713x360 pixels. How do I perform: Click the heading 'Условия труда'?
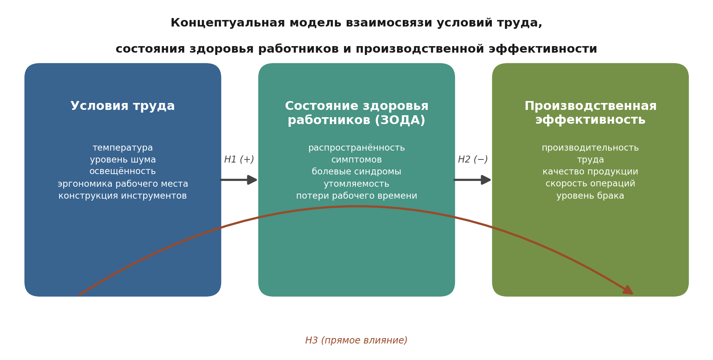pos(122,106)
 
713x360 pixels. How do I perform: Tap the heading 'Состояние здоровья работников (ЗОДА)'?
pos(356,113)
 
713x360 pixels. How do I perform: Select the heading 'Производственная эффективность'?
pos(590,113)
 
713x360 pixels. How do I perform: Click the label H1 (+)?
pos(239,159)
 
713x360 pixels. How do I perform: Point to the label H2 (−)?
pos(473,159)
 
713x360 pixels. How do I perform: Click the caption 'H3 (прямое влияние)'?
pos(356,340)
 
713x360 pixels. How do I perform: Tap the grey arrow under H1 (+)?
pos(238,180)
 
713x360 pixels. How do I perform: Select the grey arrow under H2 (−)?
pos(472,180)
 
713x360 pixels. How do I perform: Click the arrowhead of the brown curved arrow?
pos(628,290)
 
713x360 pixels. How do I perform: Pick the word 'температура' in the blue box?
pos(122,148)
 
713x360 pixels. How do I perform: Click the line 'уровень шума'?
pos(122,160)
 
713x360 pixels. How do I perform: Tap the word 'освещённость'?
pos(122,171)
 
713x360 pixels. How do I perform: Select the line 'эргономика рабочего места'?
pos(122,184)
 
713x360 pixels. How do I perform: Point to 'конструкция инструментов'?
pos(122,196)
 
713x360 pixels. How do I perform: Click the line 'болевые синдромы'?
pos(356,172)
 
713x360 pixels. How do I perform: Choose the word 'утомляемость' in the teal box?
pos(356,184)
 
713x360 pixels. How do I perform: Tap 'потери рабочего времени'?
pos(356,196)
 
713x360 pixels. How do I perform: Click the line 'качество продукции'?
pos(590,172)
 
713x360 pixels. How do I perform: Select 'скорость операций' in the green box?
pos(590,184)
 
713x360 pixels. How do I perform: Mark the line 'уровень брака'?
pos(590,196)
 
